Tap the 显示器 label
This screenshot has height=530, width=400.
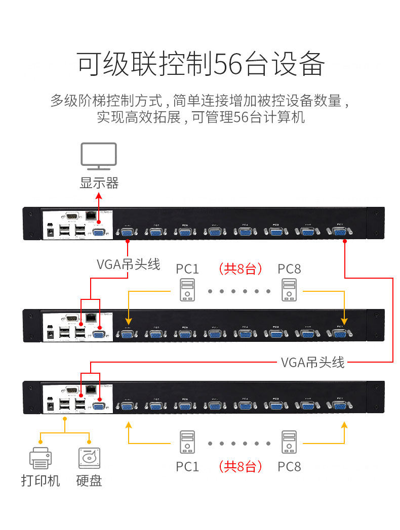coord(99,183)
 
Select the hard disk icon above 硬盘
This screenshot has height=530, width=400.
coord(89,457)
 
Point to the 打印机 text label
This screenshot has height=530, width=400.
coord(41,480)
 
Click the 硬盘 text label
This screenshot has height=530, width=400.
coord(89,480)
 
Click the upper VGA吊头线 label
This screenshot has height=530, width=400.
coord(129,264)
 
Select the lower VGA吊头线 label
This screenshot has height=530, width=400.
coord(312,362)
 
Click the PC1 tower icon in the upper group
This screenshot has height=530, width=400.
coord(187,290)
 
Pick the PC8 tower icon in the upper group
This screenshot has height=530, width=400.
coord(289,290)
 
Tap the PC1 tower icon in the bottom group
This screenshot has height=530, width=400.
coord(187,442)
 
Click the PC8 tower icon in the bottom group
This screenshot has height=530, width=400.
coord(289,442)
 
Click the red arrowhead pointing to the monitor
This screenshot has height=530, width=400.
coord(99,196)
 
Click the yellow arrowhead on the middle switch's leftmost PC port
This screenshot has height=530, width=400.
coord(129,321)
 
